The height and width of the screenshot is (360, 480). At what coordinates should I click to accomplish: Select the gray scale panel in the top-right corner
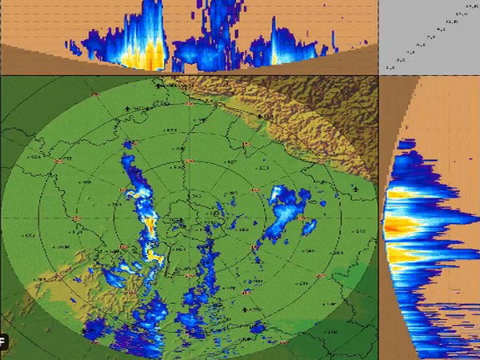click(429, 37)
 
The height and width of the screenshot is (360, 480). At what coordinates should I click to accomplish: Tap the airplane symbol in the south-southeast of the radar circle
click(245, 306)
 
